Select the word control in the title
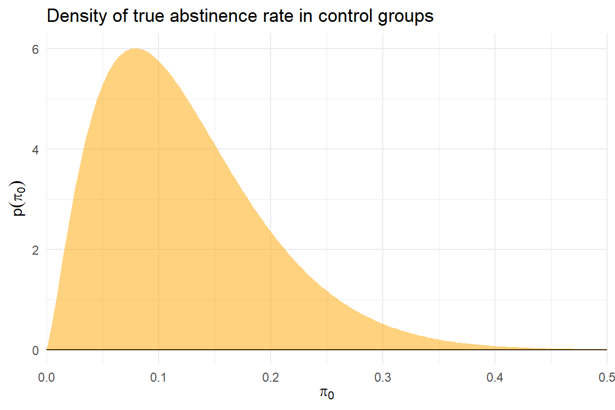pyautogui.click(x=335, y=17)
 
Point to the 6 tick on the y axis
pyautogui.click(x=36, y=49)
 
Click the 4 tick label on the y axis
pyautogui.click(x=36, y=149)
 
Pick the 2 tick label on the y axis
pyautogui.click(x=36, y=249)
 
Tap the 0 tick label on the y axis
pyautogui.click(x=36, y=350)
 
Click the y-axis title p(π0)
pyautogui.click(x=19, y=199)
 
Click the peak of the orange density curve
pyautogui.click(x=136, y=49)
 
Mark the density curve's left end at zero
pyautogui.click(x=47, y=349)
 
